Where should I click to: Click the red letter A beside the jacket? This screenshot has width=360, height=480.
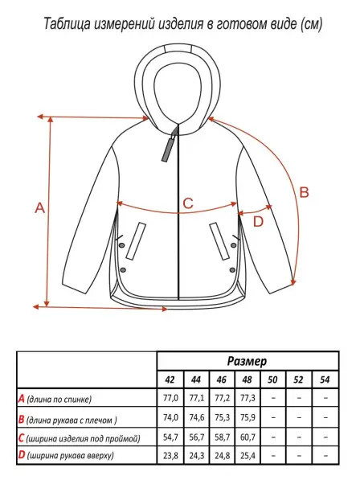pos(39,208)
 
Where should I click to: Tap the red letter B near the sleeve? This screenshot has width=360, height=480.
pos(304,192)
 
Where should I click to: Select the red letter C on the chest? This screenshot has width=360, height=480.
pos(188,203)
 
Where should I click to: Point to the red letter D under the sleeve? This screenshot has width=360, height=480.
pos(259,222)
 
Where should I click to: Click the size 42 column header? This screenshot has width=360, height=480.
pos(170,379)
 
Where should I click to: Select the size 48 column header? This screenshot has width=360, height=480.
pos(247,379)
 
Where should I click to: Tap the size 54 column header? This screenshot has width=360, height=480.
pos(325,379)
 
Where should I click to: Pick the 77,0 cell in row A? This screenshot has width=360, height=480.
pos(170,398)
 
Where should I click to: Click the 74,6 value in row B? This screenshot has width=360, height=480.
pos(197,417)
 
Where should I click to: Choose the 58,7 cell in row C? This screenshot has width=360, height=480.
pos(223,437)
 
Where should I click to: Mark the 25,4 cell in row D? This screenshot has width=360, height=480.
pos(247,456)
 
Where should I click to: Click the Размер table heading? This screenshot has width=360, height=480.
pos(247,361)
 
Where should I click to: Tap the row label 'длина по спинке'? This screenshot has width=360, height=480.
pos(59,399)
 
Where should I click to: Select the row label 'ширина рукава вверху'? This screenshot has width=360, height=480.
pos(70,456)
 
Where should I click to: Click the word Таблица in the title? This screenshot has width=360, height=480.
pos(67,24)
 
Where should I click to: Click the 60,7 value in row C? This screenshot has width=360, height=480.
pos(247,437)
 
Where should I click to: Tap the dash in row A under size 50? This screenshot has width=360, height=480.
pos(273,398)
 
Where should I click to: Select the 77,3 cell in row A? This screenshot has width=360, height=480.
pos(247,398)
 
